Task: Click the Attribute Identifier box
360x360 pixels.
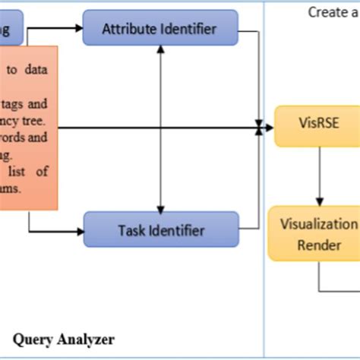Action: coord(159,29)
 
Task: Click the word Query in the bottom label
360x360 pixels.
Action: coord(34,339)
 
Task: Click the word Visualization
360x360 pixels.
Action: coord(318,224)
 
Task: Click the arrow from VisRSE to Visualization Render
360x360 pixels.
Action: coord(319,175)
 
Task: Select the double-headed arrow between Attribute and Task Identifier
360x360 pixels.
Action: coord(160,129)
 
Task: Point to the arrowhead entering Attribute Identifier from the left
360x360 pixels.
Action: coord(78,29)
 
